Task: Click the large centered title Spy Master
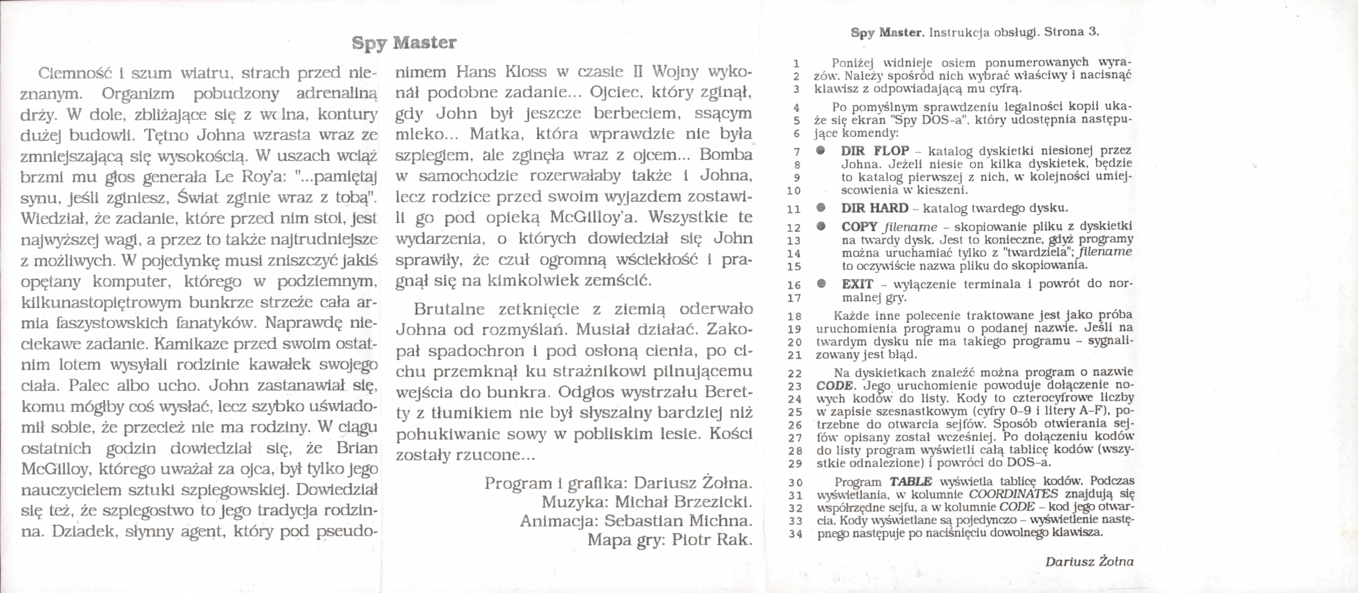coord(404,43)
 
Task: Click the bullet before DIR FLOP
coord(821,151)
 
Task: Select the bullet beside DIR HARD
coord(821,208)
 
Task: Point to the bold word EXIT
coord(857,284)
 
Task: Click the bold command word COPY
coord(859,227)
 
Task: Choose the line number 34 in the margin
coord(795,534)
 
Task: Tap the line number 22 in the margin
coord(795,374)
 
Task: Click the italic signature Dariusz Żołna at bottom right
coord(1089,562)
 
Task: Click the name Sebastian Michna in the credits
coord(678,521)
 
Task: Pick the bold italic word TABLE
coord(910,481)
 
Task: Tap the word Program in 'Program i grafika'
coord(510,483)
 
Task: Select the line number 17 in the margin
coord(794,298)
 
